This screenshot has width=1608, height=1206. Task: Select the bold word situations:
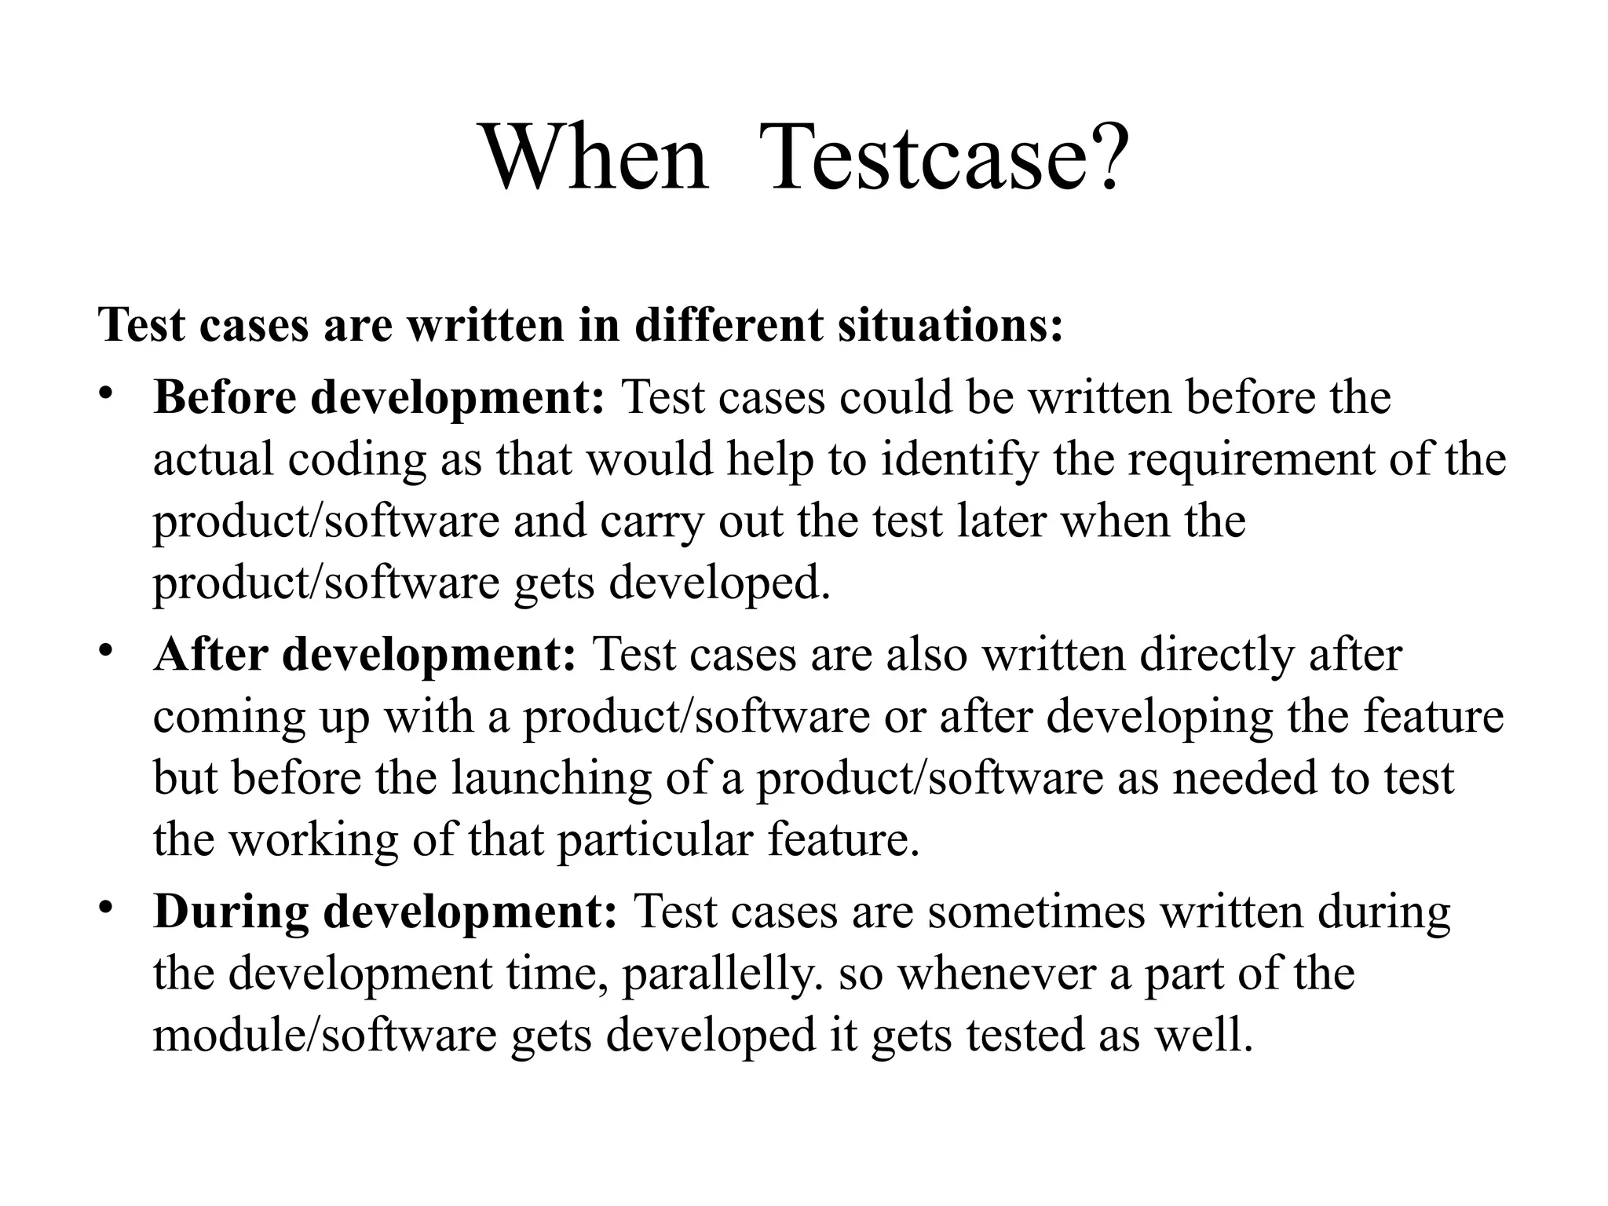click(950, 324)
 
